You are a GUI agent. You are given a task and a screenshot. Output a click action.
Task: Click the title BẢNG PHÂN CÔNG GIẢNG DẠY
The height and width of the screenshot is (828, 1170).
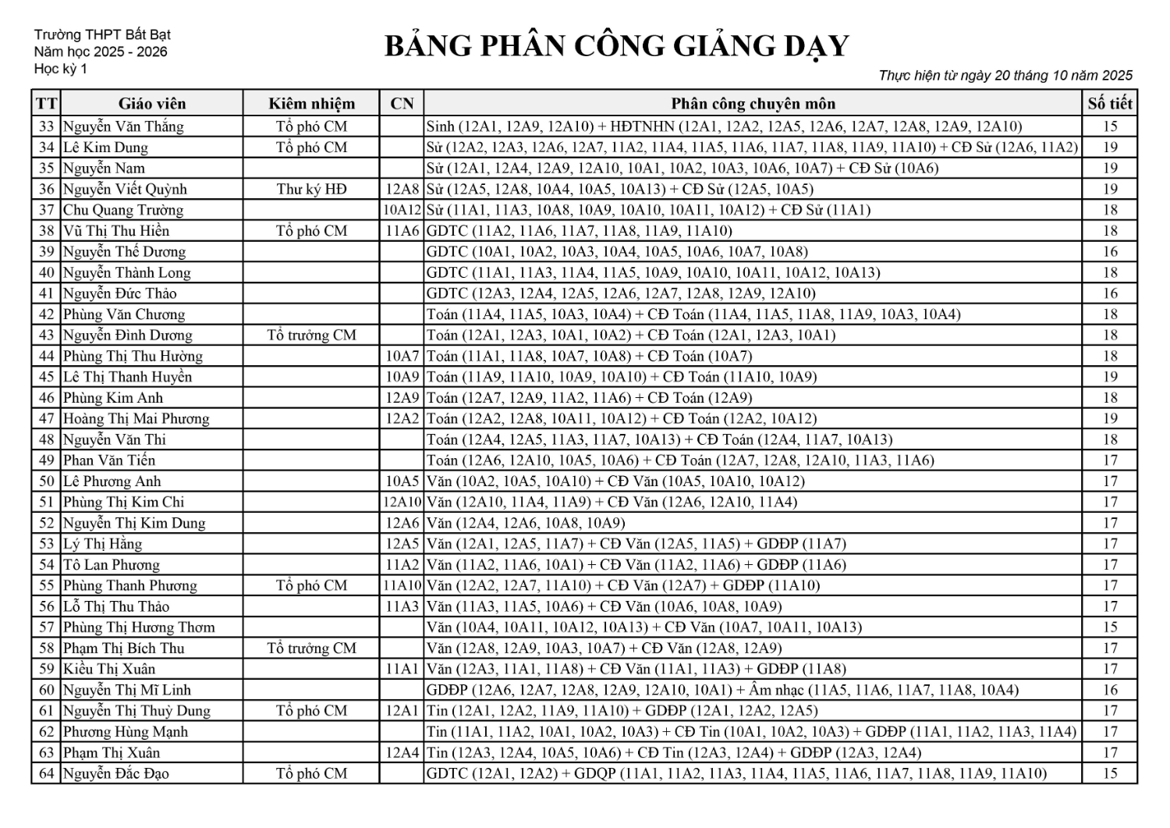616,46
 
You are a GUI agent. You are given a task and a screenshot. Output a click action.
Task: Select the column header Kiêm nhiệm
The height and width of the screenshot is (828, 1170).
311,104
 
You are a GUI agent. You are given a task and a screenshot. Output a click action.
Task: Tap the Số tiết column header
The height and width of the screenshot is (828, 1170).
1110,104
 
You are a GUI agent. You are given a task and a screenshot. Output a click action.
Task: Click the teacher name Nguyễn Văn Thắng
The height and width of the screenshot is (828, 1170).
123,126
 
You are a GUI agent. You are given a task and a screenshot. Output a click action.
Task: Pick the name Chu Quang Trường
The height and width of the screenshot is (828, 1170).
123,210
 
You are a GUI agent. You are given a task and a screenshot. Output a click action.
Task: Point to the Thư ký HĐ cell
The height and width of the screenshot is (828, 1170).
311,189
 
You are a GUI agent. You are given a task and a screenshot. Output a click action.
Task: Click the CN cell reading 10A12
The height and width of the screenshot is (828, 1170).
402,210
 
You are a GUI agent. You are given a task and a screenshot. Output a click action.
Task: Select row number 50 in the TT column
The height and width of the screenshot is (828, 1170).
47,482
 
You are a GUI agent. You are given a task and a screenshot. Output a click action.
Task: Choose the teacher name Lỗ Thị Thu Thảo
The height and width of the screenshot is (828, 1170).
116,606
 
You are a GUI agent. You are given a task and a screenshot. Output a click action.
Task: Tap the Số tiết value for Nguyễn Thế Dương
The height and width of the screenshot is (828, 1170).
1110,251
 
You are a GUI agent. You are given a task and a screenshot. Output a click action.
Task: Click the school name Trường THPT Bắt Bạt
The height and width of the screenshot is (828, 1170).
102,35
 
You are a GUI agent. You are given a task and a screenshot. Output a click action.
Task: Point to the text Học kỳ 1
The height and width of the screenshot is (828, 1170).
61,69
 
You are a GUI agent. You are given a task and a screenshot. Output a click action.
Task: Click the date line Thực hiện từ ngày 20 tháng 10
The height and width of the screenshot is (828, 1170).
1005,76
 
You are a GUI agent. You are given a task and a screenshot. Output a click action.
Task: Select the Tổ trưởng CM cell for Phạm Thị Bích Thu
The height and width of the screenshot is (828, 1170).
311,649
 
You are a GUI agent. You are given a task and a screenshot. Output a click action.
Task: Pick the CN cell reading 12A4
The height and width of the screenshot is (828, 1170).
402,753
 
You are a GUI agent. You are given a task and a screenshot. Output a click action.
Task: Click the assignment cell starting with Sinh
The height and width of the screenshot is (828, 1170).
724,126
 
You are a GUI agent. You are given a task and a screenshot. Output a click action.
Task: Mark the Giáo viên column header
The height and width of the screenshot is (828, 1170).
152,104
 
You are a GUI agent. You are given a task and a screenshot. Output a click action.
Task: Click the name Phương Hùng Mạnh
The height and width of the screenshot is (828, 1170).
126,732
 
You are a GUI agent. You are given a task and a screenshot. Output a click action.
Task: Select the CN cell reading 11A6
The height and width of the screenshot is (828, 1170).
402,231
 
